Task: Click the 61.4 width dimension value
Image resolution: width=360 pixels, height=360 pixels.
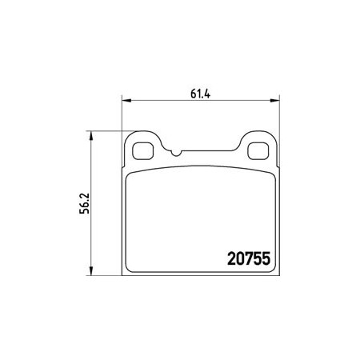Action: [x=201, y=94]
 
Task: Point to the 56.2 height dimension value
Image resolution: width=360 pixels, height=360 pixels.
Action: [x=85, y=203]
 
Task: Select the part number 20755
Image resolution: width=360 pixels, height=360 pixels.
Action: [x=249, y=259]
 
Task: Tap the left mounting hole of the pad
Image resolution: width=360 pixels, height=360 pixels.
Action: [x=142, y=151]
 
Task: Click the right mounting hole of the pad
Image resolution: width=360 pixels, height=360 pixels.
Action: [x=258, y=151]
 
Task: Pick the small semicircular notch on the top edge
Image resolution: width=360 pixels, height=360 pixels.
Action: [x=176, y=153]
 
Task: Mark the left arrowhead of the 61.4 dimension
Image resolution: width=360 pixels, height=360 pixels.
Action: [x=126, y=101]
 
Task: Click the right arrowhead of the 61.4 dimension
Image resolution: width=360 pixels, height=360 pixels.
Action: [x=274, y=101]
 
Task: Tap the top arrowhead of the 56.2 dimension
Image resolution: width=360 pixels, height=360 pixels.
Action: [x=91, y=136]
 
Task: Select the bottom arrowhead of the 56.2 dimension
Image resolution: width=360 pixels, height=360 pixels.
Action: [x=91, y=270]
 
